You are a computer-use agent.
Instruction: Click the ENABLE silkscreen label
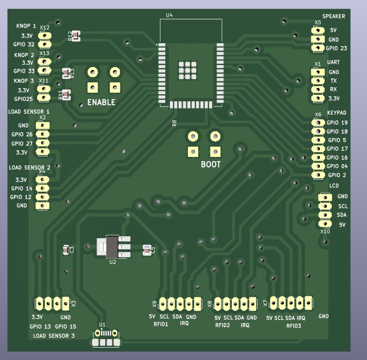(101, 102)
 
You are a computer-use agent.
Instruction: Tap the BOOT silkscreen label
(210, 165)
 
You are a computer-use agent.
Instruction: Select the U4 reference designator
(169, 16)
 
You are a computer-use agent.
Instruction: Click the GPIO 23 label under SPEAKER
(337, 49)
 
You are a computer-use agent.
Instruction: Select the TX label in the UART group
(333, 81)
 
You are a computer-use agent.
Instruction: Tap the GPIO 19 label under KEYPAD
(337, 123)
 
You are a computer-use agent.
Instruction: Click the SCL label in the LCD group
(343, 206)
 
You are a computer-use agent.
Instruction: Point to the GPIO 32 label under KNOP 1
(24, 44)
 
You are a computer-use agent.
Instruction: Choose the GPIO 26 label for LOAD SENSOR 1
(22, 135)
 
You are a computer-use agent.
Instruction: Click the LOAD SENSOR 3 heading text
(54, 336)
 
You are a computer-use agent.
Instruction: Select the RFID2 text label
(222, 325)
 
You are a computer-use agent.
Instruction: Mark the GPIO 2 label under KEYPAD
(337, 175)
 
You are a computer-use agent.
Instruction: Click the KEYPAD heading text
(337, 113)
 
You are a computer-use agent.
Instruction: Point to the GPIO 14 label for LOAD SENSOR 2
(21, 188)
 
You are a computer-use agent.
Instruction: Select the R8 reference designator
(174, 123)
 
